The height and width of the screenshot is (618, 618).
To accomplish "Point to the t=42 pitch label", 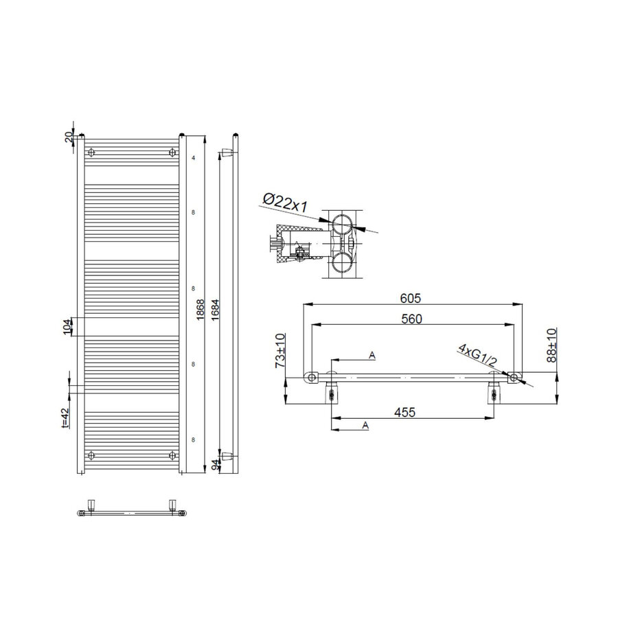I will pos(66,418).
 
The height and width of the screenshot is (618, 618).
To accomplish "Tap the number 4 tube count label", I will pos(194,159).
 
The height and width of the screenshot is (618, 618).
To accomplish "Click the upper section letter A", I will pos(372,355).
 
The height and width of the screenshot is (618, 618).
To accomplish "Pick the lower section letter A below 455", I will pos(365,426).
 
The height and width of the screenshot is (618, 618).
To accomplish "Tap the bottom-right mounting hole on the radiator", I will pos(170,455).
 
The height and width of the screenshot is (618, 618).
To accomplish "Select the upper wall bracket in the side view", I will pos(227,153).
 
